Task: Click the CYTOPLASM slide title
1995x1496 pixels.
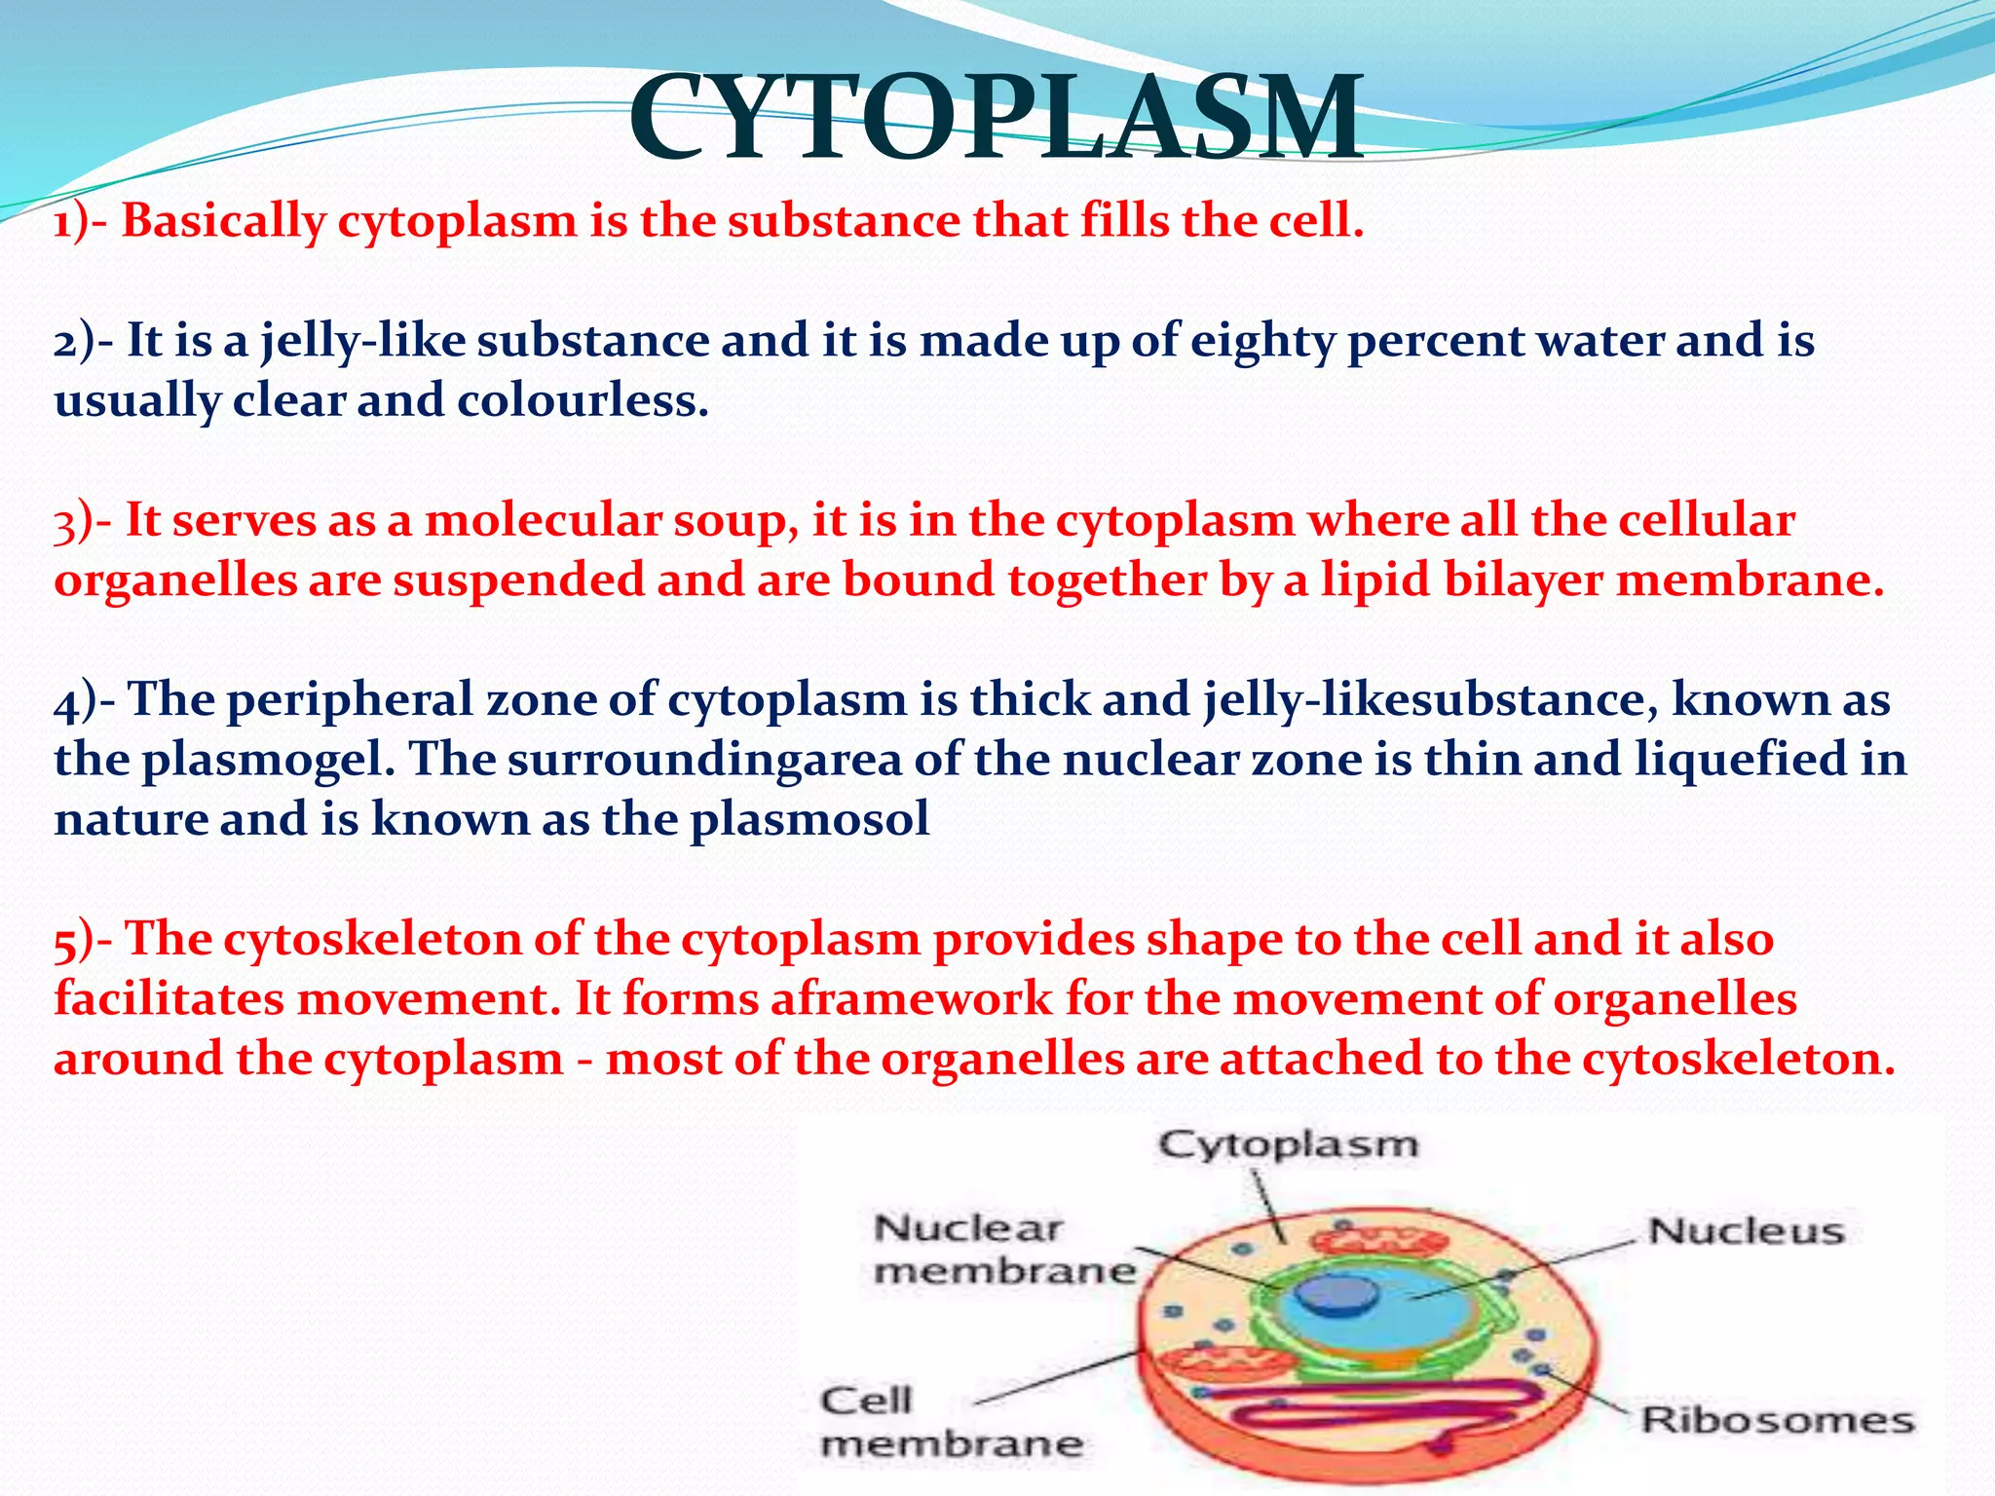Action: click(x=996, y=119)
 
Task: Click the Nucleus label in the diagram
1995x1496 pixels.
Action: click(x=1746, y=1231)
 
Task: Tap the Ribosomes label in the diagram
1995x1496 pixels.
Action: click(x=1777, y=1420)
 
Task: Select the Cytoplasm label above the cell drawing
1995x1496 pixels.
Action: click(x=1288, y=1145)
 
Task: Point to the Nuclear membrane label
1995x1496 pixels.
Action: click(x=1003, y=1251)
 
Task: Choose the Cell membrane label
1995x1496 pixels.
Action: click(x=950, y=1422)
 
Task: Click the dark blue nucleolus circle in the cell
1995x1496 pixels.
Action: click(x=1335, y=1295)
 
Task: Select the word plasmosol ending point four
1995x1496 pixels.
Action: click(x=809, y=819)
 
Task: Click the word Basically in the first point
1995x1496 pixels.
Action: click(x=223, y=222)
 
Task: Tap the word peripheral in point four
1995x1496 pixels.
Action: click(x=349, y=701)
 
